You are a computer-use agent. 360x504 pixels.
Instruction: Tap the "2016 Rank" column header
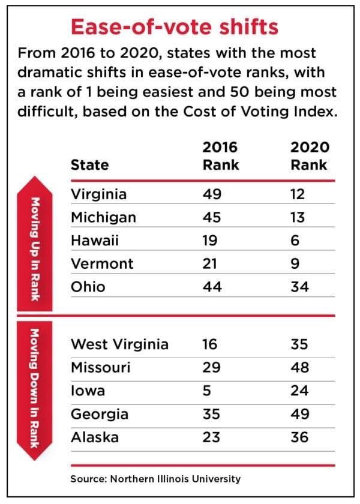[220, 156]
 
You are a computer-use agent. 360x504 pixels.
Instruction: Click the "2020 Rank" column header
[308, 156]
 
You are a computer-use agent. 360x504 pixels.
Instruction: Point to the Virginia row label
[98, 194]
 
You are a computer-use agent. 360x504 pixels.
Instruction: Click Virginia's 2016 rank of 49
[212, 194]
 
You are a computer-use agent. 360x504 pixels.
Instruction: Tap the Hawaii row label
[94, 241]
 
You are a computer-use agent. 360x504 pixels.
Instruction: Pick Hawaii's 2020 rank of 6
[296, 241]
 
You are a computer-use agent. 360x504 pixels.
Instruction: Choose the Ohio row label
[88, 287]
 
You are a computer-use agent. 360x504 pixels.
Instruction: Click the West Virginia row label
[119, 344]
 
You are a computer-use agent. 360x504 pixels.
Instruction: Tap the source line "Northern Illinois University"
[155, 479]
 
